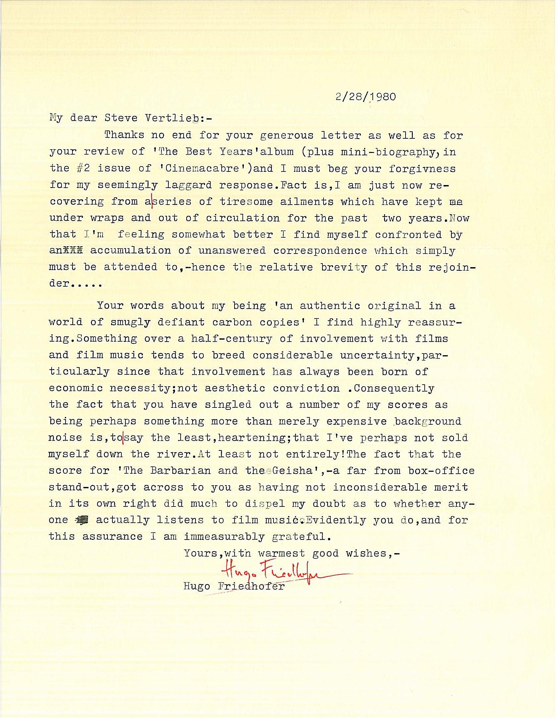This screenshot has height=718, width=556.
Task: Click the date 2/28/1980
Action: pos(365,97)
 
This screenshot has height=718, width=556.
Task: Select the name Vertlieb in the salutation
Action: pos(172,118)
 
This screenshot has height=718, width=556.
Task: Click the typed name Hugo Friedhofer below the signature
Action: pos(234,586)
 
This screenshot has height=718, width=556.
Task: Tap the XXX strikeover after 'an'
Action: pos(74,251)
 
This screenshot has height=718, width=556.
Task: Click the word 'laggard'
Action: pos(188,185)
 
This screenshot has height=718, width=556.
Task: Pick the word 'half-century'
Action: pos(231,339)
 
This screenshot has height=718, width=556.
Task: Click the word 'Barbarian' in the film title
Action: pos(180,471)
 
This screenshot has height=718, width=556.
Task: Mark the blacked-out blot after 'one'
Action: pos(82,520)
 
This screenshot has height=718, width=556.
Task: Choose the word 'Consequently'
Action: pos(394,388)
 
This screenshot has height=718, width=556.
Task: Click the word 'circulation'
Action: pos(242,218)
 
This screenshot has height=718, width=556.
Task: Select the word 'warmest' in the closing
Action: pos(281,553)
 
